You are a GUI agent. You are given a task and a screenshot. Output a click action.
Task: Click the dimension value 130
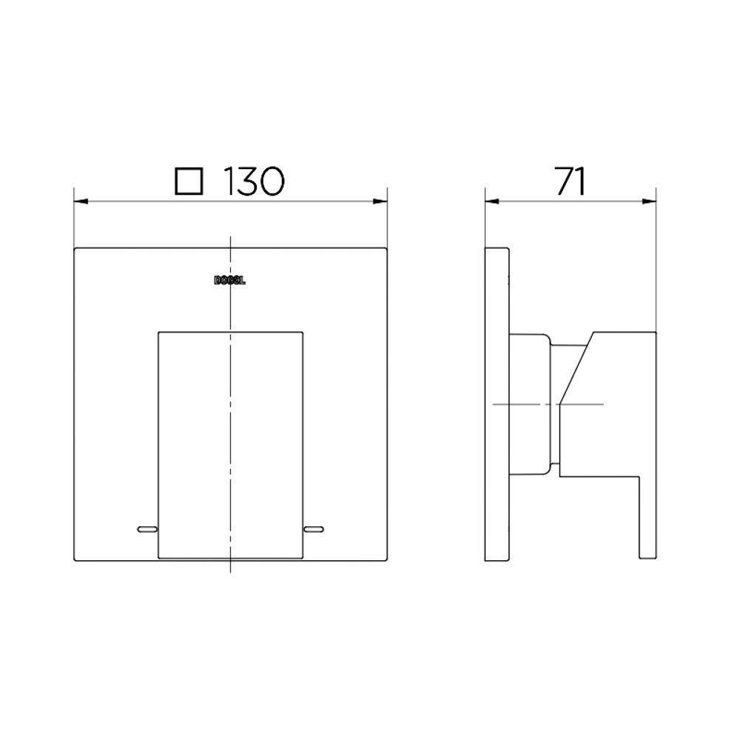pyautogui.click(x=253, y=182)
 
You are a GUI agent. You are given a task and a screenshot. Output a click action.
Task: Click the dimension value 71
pyautogui.click(x=570, y=182)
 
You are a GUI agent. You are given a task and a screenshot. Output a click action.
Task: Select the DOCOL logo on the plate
pyautogui.click(x=232, y=280)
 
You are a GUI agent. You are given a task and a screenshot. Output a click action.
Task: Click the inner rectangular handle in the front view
pyautogui.click(x=230, y=443)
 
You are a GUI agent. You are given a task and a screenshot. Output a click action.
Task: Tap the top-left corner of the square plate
pyautogui.click(x=75, y=249)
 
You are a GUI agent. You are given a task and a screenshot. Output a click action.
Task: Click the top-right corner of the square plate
pyautogui.click(x=387, y=249)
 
